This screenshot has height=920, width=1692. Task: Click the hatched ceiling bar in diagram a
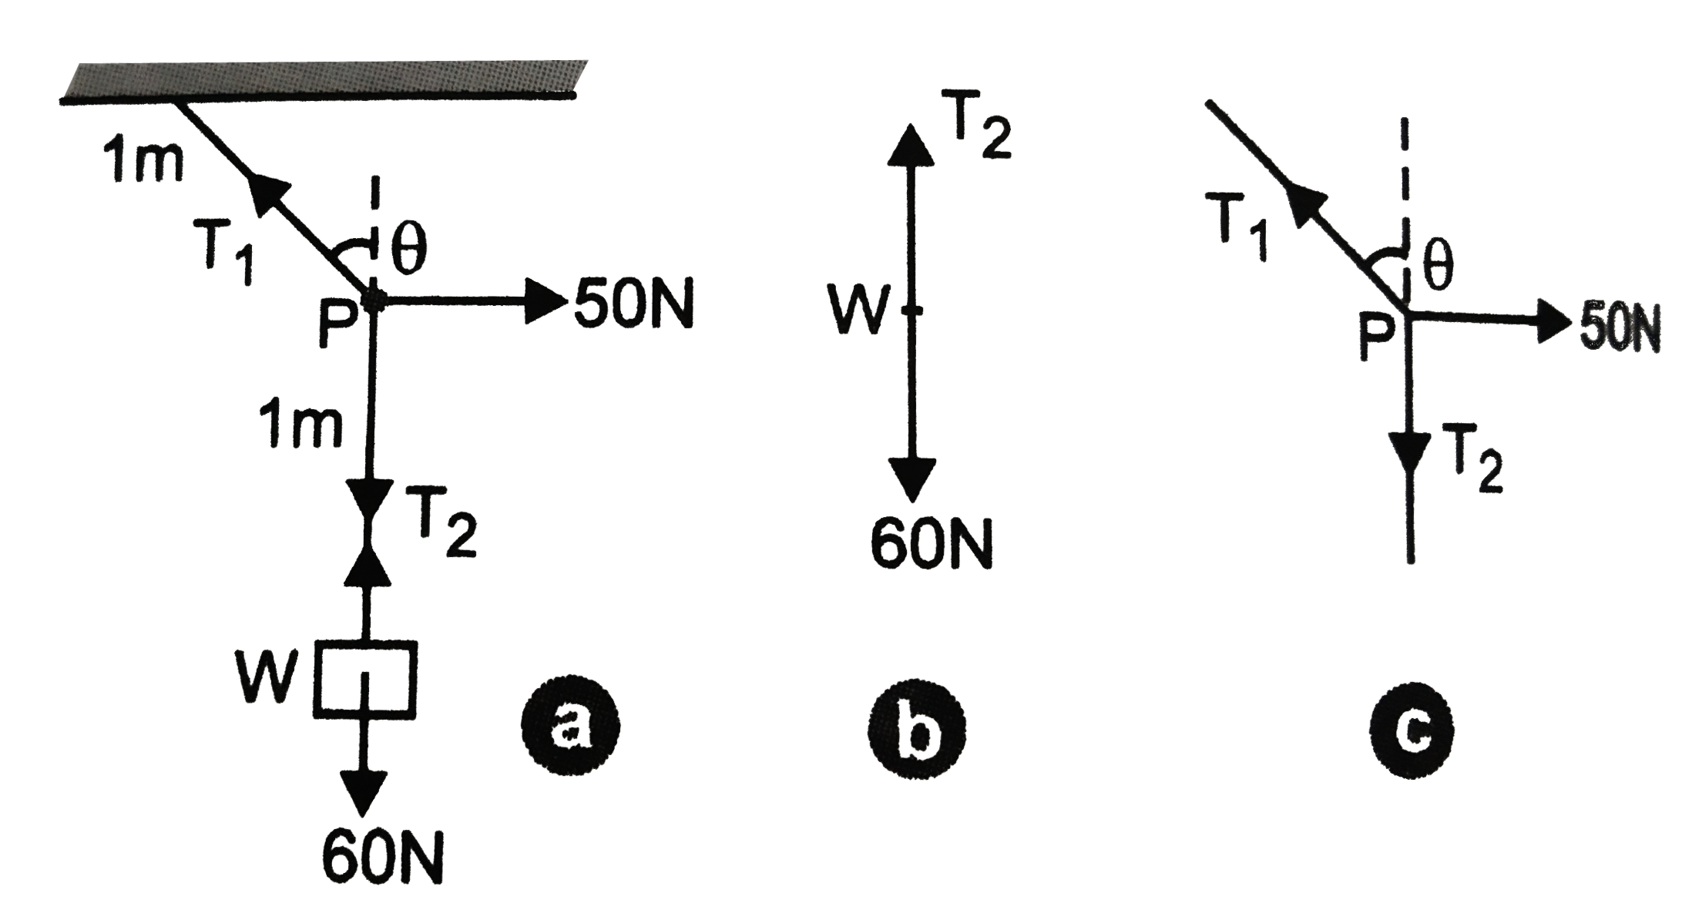click(324, 79)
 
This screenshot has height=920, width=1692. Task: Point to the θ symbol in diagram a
click(408, 253)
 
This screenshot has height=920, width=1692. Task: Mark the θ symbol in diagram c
click(1438, 266)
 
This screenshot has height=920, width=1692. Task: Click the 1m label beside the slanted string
click(143, 163)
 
